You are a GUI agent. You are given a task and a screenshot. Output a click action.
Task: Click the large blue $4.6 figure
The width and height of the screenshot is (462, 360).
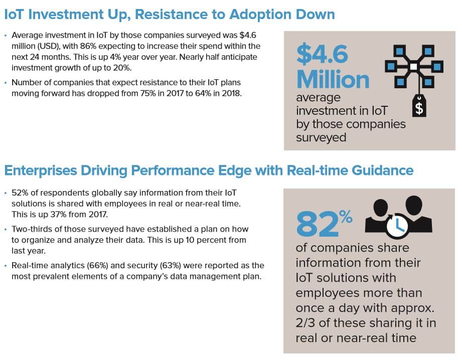pyautogui.click(x=322, y=54)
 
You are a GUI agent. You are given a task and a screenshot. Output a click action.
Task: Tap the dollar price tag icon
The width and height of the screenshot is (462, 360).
pyautogui.click(x=419, y=106)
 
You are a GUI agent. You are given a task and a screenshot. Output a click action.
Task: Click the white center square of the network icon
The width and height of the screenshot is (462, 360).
pyautogui.click(x=414, y=67)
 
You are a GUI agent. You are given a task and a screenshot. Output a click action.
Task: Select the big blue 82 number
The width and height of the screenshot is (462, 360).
pyautogui.click(x=318, y=225)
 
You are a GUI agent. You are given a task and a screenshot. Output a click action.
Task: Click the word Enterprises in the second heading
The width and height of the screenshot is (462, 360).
pyautogui.click(x=41, y=170)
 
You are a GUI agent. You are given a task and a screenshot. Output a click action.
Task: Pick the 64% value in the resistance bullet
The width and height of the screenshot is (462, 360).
pyautogui.click(x=203, y=93)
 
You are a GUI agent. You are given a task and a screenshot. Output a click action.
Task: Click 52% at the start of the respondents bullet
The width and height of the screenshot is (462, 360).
pyautogui.click(x=20, y=193)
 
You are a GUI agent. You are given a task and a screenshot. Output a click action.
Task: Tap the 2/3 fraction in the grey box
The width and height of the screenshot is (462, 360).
pyautogui.click(x=305, y=323)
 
